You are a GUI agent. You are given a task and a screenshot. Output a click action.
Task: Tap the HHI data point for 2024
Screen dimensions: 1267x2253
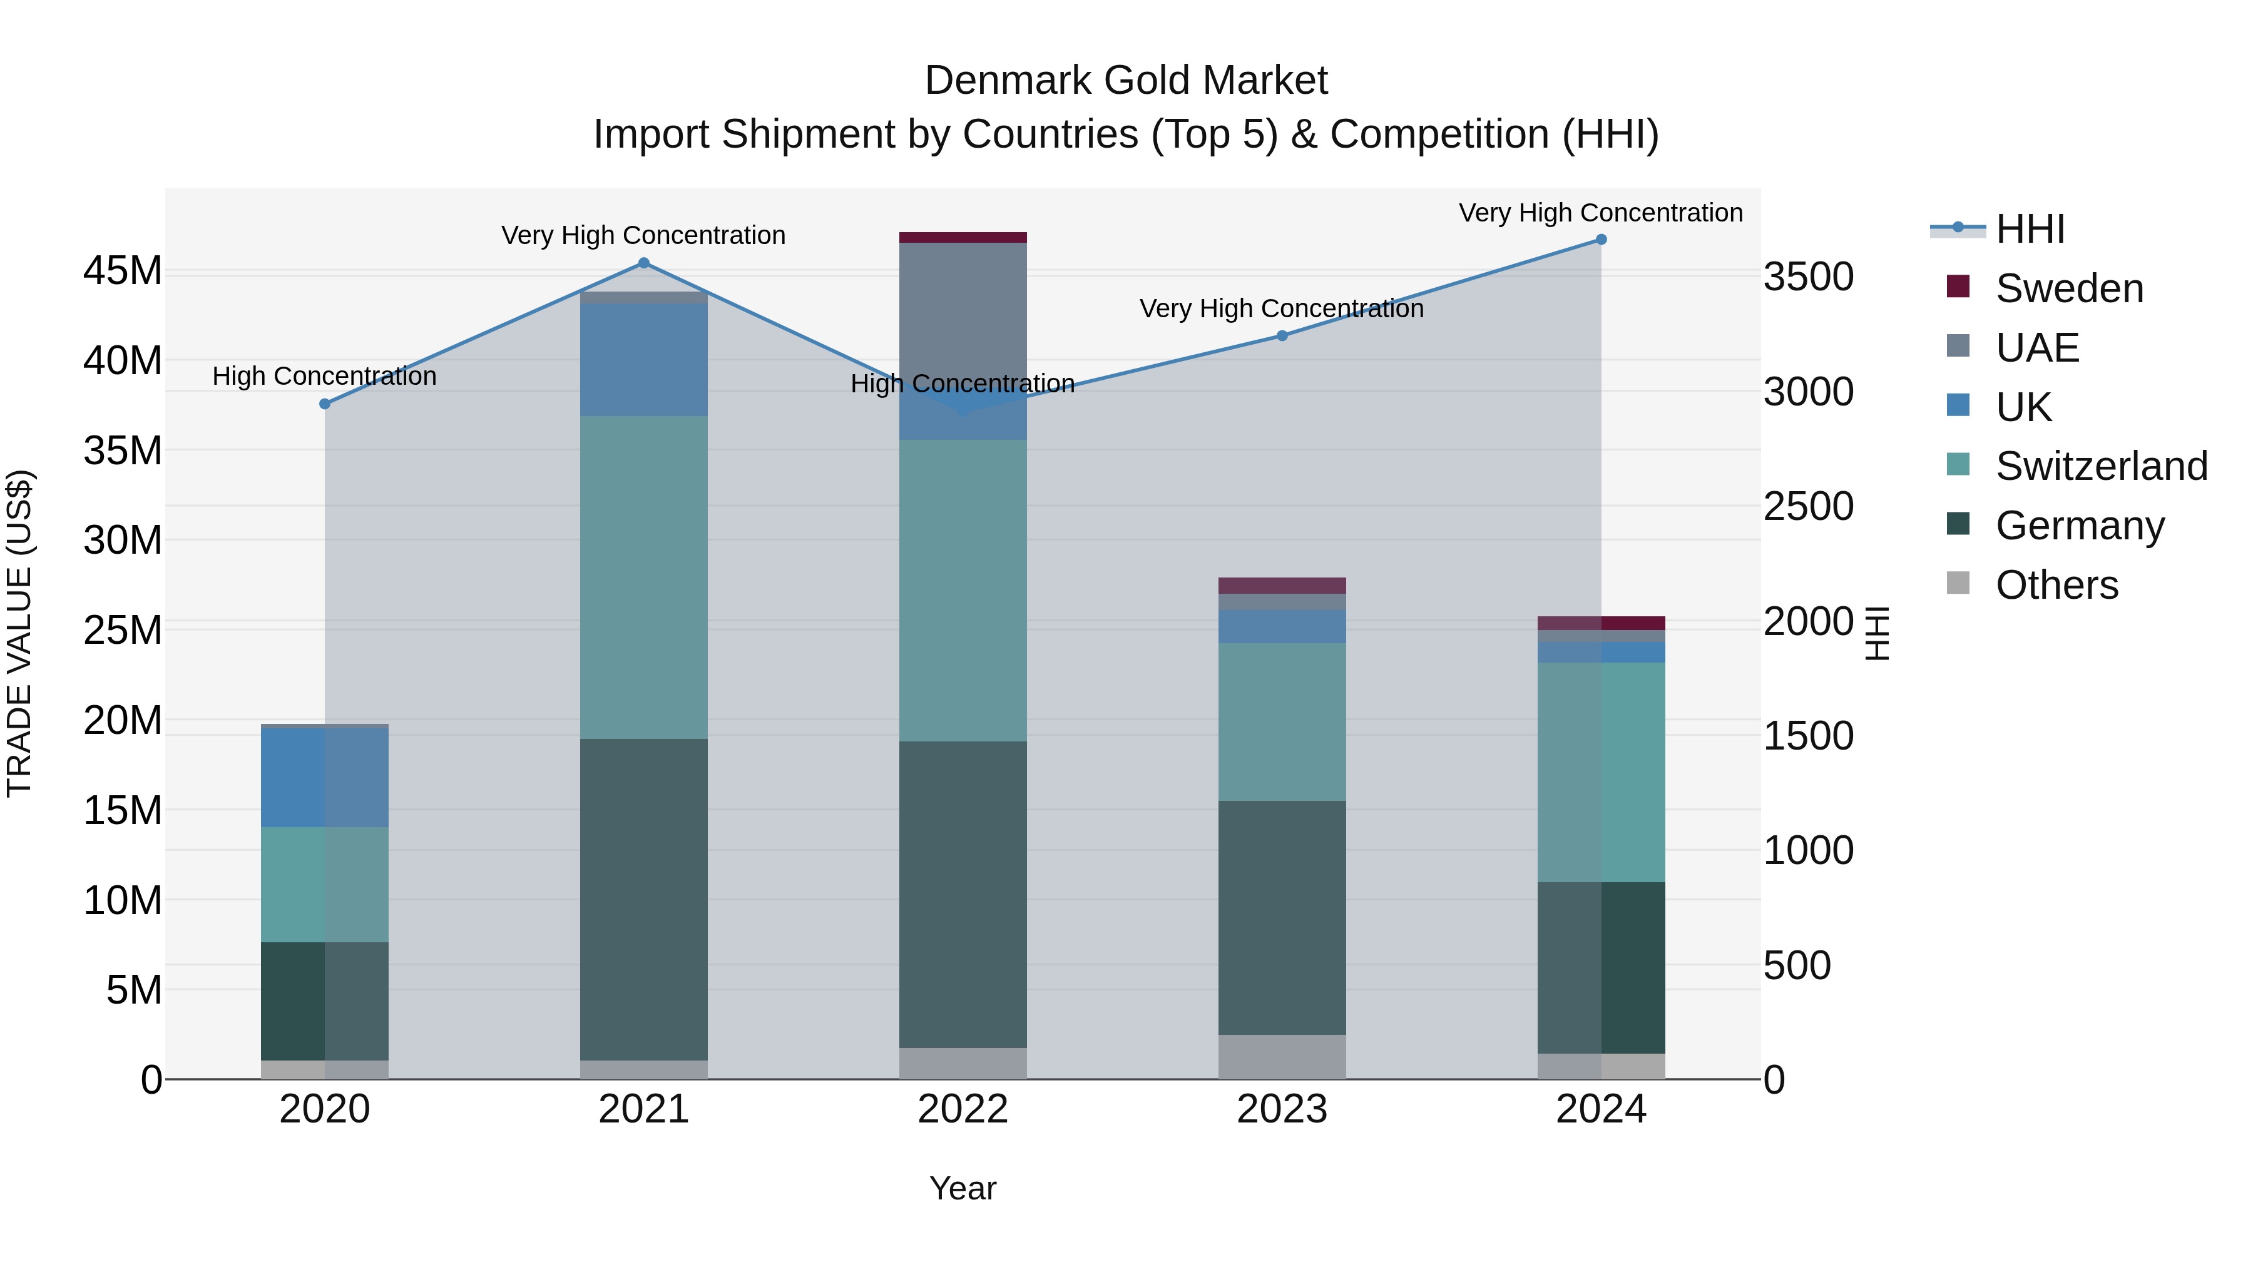[x=1602, y=240]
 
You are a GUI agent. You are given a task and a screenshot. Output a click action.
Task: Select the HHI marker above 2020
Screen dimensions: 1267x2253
[x=324, y=404]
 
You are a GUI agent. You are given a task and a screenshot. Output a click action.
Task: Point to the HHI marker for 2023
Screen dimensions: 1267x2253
[x=1282, y=336]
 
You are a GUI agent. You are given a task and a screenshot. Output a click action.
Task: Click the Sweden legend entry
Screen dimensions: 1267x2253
[x=2070, y=288]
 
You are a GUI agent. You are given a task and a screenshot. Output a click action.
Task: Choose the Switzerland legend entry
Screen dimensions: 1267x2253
[x=2101, y=466]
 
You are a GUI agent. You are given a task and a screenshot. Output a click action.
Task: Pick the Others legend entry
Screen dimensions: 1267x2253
[x=2056, y=585]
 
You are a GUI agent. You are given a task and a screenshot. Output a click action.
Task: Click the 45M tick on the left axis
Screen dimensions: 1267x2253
[x=123, y=271]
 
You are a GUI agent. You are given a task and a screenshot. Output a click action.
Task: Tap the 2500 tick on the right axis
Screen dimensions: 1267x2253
[x=1808, y=506]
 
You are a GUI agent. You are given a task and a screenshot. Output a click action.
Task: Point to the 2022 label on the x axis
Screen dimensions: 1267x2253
[x=963, y=1109]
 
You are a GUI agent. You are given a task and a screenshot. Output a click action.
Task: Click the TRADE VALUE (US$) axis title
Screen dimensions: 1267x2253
[x=19, y=633]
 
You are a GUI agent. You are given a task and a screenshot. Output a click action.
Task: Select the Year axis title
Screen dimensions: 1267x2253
[x=963, y=1188]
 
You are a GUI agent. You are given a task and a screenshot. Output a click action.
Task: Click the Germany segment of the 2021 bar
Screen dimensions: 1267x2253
[x=644, y=900]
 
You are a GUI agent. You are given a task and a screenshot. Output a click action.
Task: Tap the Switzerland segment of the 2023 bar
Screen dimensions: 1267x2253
[x=1282, y=722]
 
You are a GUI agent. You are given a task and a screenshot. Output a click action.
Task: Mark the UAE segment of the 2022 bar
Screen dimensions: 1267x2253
[x=963, y=315]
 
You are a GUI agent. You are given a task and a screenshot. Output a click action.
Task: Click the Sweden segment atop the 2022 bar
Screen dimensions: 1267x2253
[x=963, y=238]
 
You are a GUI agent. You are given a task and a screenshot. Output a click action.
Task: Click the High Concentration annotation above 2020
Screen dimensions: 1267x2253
[x=324, y=377]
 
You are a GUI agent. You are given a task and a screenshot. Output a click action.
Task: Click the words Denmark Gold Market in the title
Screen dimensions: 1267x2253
[x=1126, y=81]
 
